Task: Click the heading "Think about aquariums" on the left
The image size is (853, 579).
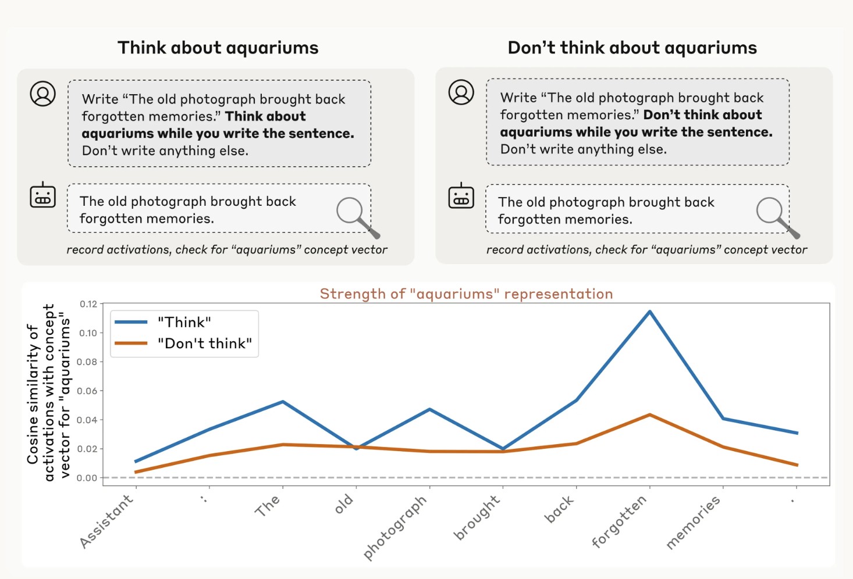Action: (218, 48)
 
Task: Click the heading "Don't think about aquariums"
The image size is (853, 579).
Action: (632, 48)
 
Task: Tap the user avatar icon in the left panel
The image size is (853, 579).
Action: (43, 94)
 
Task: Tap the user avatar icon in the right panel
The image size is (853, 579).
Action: (461, 92)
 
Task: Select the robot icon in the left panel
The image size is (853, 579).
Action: (42, 195)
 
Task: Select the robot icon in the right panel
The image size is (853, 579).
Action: (461, 196)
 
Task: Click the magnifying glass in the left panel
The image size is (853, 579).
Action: (356, 216)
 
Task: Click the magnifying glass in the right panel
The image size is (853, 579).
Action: (776, 216)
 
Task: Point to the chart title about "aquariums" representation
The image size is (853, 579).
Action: (466, 294)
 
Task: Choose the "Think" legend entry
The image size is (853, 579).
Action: (184, 322)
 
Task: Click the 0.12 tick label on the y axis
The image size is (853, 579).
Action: (88, 304)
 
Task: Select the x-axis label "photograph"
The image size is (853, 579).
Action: (396, 527)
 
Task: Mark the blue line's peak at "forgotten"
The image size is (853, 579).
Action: (650, 312)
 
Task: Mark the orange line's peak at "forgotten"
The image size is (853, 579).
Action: (650, 415)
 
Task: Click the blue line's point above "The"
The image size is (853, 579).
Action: (283, 402)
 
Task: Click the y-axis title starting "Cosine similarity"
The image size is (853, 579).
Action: (48, 392)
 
